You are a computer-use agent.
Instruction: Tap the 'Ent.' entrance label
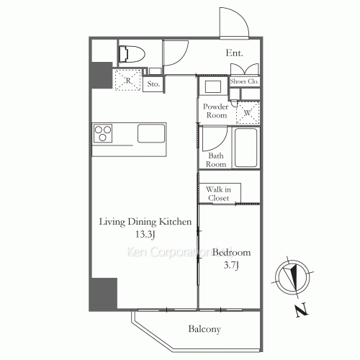234,53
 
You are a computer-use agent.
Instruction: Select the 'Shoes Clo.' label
244,82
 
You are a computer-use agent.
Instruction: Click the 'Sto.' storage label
153,84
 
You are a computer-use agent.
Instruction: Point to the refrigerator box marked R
127,80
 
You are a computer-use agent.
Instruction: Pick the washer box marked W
247,112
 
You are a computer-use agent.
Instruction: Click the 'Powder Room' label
217,111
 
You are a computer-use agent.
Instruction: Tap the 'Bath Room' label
217,159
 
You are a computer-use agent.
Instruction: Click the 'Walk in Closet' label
218,193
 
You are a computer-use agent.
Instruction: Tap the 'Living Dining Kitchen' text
145,222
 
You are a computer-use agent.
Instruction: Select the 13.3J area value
145,235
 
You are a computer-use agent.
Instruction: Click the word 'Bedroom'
231,252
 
